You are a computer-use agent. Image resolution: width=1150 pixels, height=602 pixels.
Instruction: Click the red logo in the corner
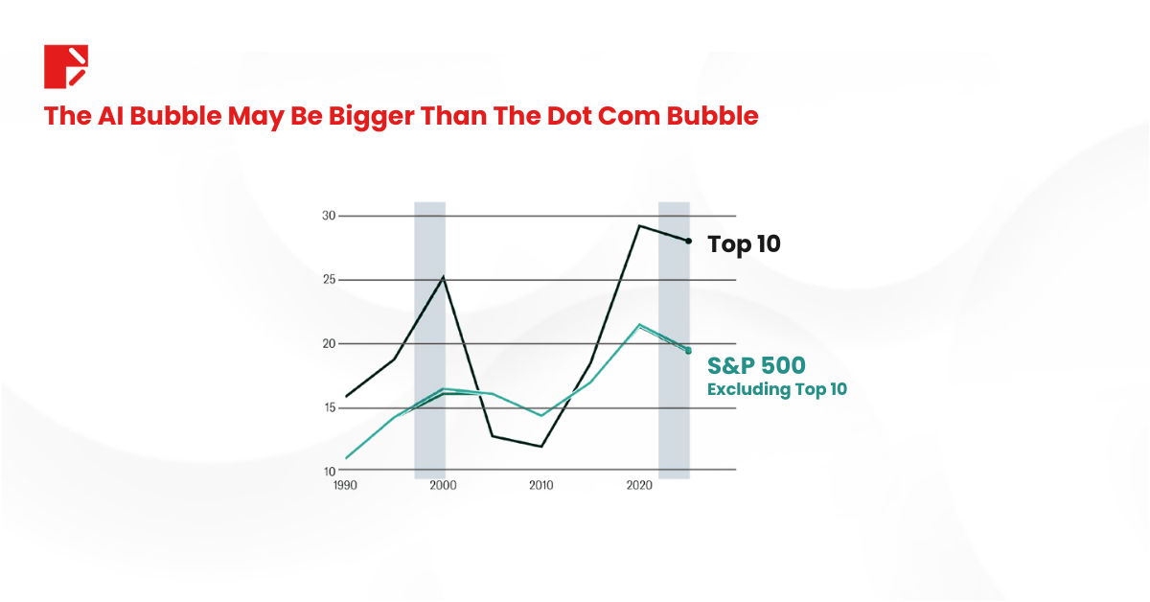(x=66, y=66)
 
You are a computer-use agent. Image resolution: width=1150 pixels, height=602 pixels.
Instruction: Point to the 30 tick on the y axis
(x=329, y=216)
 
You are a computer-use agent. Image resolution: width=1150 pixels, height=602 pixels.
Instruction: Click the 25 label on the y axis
(x=329, y=280)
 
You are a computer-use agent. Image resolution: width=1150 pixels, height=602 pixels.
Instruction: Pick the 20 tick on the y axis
(x=329, y=344)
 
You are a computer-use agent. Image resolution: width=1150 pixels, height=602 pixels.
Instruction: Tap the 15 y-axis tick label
(x=329, y=407)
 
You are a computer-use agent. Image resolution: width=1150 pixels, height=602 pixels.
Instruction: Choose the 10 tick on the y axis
(x=329, y=471)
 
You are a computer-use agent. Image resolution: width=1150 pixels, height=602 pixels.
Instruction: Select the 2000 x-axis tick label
(x=443, y=486)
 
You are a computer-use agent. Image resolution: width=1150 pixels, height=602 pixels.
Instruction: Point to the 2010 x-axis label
(x=541, y=486)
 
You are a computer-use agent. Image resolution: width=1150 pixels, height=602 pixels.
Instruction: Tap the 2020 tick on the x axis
(x=639, y=486)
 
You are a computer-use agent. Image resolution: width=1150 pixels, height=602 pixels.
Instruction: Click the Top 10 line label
(x=744, y=244)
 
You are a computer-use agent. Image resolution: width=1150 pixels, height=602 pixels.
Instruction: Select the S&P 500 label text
(x=756, y=365)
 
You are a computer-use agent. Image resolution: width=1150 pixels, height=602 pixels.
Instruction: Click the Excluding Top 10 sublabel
(x=777, y=389)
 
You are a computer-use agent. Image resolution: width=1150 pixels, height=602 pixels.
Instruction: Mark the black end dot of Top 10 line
(x=688, y=241)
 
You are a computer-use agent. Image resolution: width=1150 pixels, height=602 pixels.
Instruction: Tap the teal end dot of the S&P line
(x=688, y=351)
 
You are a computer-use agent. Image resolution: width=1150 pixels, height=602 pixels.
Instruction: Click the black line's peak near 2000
(x=443, y=277)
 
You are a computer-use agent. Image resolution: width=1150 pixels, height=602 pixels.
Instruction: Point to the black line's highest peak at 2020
(x=639, y=225)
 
